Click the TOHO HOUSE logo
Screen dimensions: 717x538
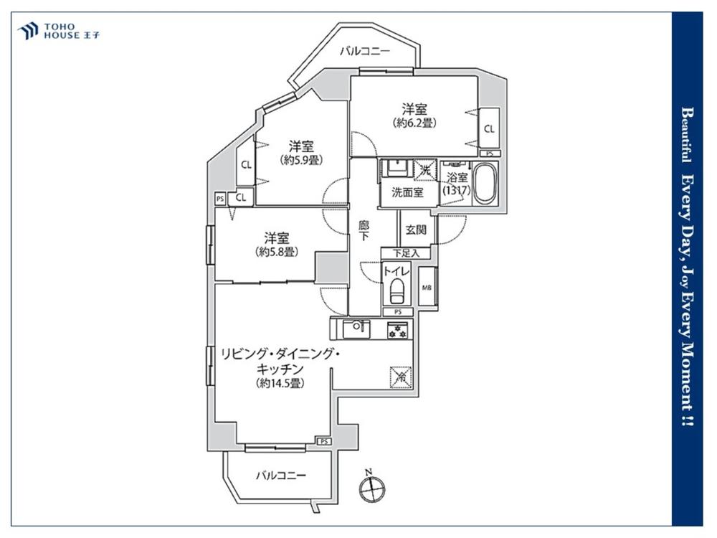click(x=58, y=31)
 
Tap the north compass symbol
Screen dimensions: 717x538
click(x=371, y=488)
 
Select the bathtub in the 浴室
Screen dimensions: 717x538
click(x=484, y=184)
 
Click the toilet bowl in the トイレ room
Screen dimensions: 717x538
click(x=396, y=291)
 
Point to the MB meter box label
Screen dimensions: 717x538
click(x=427, y=288)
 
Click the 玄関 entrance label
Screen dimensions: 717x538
click(x=416, y=230)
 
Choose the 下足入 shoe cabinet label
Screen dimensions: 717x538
click(x=406, y=253)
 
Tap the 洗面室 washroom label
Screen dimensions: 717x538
click(x=407, y=192)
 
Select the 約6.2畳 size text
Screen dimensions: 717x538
click(x=414, y=123)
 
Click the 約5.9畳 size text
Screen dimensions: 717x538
click(x=301, y=160)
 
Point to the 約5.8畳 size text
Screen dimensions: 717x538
click(x=277, y=252)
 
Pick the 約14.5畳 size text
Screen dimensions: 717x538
click(x=280, y=383)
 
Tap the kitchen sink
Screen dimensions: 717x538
click(x=356, y=329)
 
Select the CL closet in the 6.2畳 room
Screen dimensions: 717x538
click(x=489, y=129)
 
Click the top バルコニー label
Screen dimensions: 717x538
click(x=365, y=51)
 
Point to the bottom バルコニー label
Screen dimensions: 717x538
click(x=281, y=476)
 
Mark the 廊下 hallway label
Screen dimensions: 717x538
click(x=364, y=230)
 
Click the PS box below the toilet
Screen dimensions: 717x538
click(x=398, y=312)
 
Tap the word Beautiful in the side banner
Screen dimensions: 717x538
click(x=686, y=135)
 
